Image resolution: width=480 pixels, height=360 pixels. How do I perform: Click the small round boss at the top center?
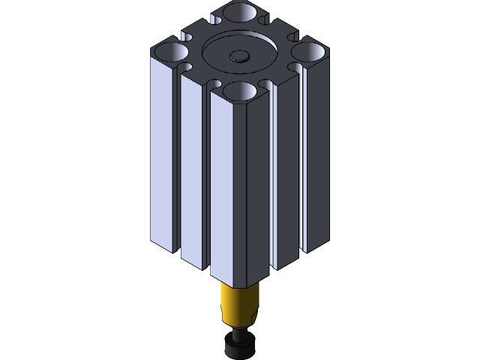point(240,55)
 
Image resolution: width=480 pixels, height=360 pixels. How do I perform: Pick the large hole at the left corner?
point(172,52)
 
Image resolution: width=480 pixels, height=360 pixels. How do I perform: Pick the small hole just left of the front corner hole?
point(214,85)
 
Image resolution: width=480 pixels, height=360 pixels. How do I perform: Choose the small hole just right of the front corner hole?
point(265,85)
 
